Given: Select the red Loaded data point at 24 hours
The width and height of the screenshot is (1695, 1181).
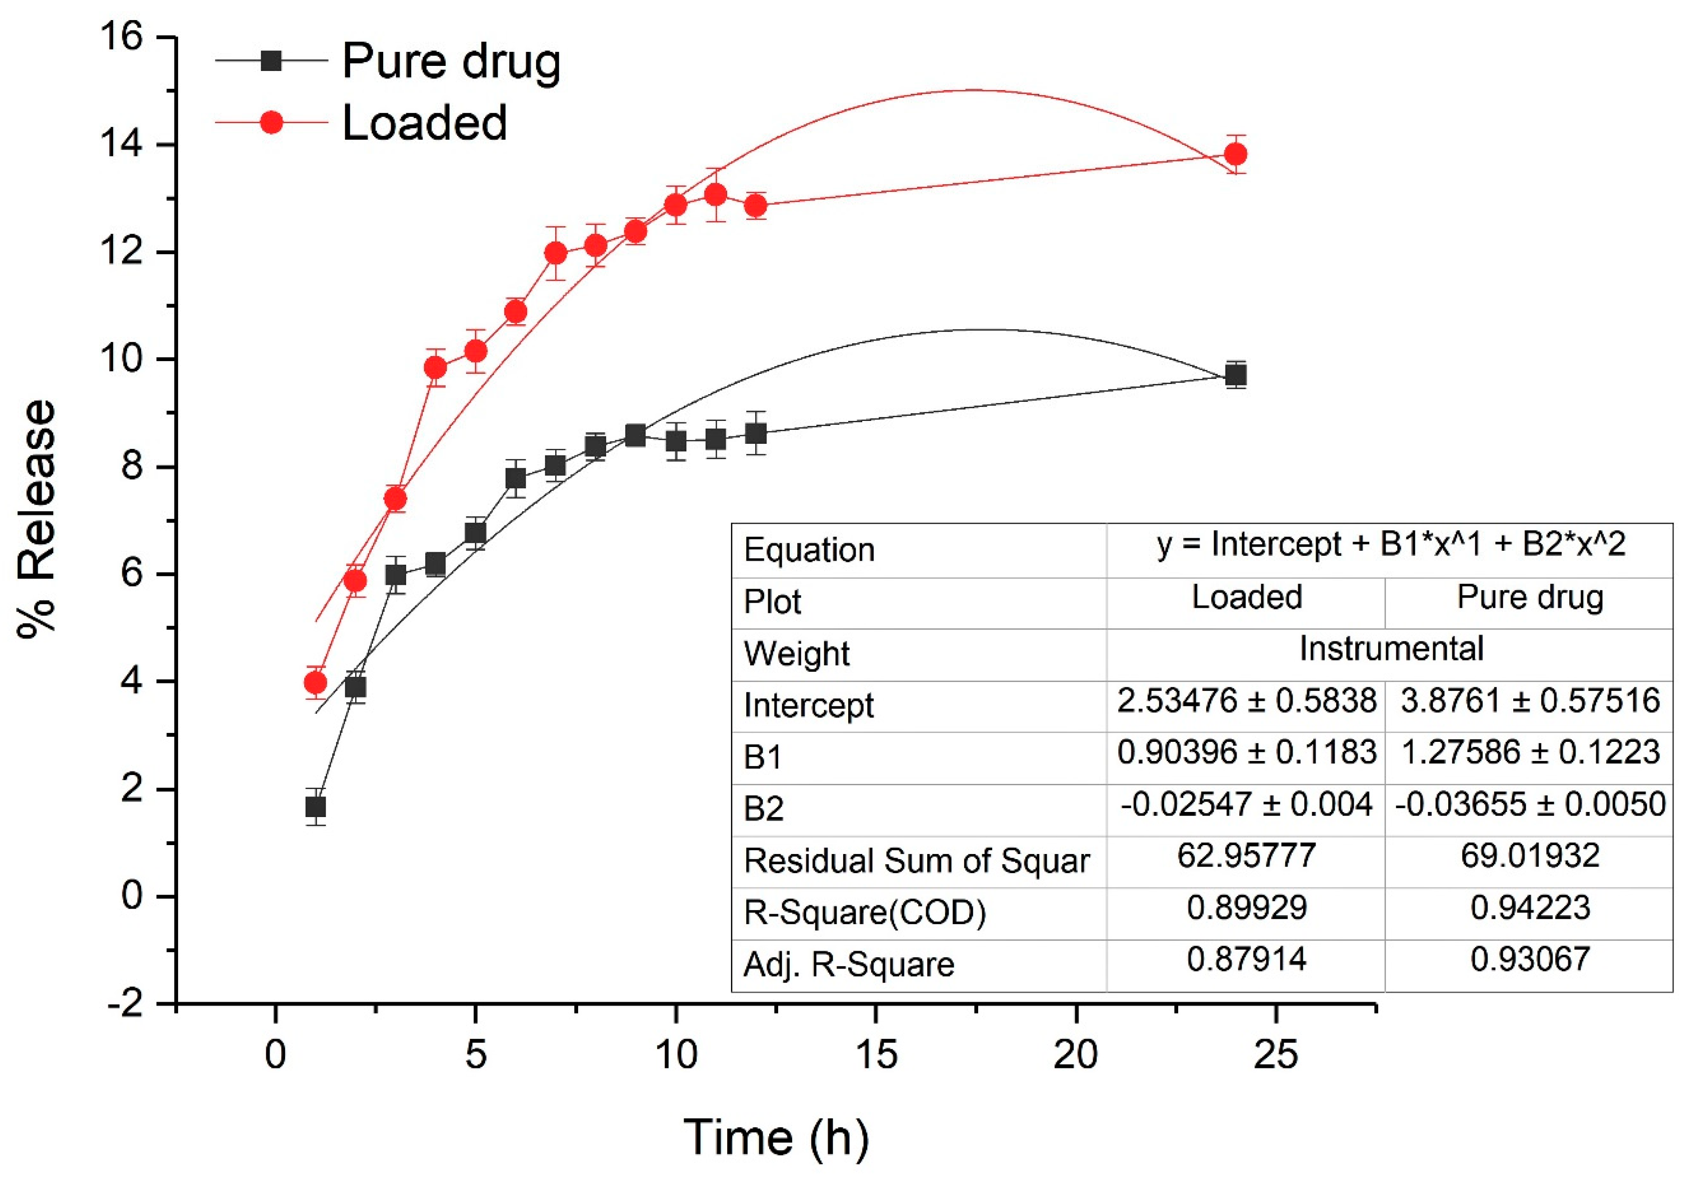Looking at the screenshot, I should (x=1235, y=154).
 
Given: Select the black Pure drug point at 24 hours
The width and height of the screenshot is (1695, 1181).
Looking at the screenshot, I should (x=1235, y=376).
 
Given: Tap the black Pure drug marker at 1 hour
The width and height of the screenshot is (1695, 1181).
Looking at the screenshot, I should (x=315, y=807).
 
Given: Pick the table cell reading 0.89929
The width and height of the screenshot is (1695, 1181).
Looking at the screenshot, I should (x=1246, y=907).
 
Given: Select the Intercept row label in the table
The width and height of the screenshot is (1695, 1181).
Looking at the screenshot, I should (x=808, y=705).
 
